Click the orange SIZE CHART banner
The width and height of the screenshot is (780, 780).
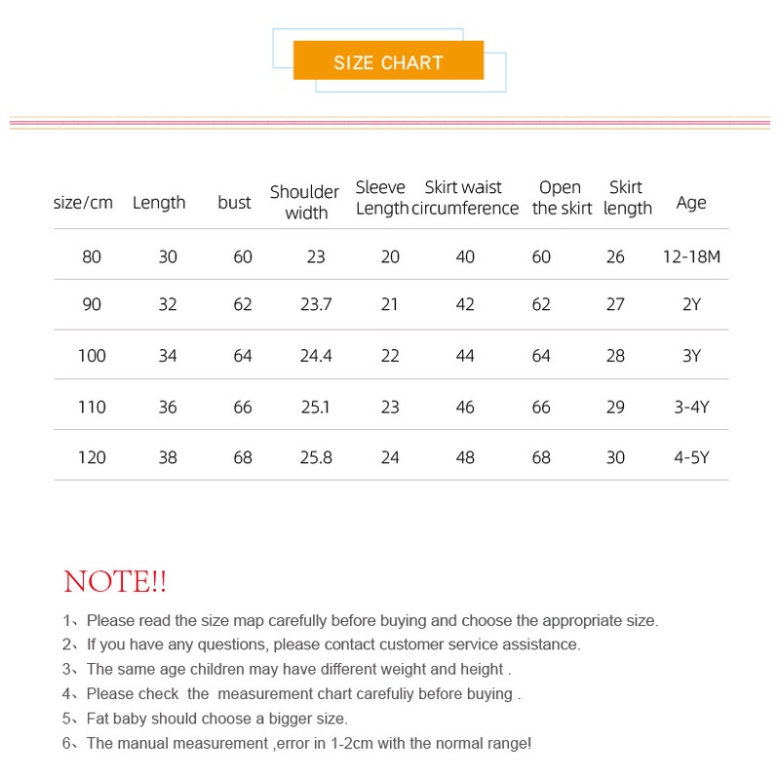pos(388,61)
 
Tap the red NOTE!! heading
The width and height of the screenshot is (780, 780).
pos(115,582)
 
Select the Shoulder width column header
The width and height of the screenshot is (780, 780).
pos(304,202)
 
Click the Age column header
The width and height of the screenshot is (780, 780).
pos(690,203)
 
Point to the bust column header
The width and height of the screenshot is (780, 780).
pos(234,203)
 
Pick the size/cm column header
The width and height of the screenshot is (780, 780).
pos(83,203)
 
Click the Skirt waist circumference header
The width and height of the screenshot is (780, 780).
pos(464,198)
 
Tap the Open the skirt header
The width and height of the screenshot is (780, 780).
pos(562,198)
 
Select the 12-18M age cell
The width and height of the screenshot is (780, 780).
pos(690,257)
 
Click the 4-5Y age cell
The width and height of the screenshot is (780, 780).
pos(690,457)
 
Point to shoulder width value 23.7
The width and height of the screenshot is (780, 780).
pos(316,304)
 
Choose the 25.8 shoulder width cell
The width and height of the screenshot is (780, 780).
pos(316,457)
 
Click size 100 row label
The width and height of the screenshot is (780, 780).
pos(92,356)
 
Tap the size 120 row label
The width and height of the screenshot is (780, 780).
pos(92,457)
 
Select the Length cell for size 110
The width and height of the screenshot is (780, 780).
pos(168,407)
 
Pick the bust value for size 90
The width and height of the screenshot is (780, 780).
pos(243,304)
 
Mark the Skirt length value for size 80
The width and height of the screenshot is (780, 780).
pos(615,257)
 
